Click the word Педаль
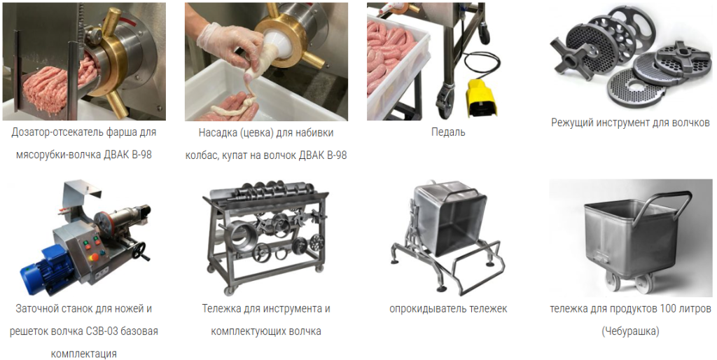click(448, 132)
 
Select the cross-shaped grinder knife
click(570, 60)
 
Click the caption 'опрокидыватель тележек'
click(448, 309)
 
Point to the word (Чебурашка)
click(630, 331)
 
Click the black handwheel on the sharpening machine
click(142, 251)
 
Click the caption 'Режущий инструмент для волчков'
click(630, 123)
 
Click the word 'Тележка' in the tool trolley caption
click(221, 309)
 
